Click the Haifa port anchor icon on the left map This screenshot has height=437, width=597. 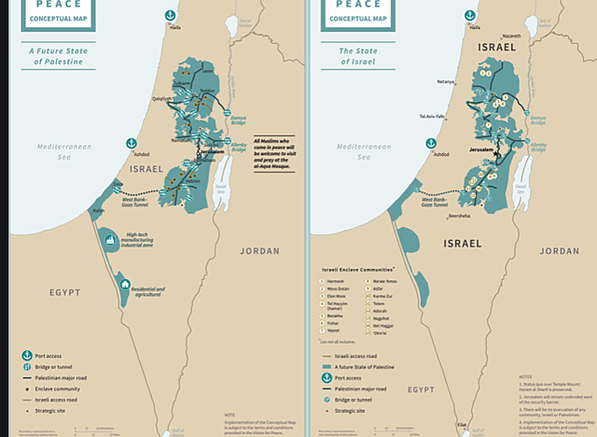[x=170, y=16]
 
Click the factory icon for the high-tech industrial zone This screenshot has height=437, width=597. [x=111, y=240]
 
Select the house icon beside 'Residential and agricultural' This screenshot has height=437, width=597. [x=124, y=284]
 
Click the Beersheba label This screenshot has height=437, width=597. [x=459, y=216]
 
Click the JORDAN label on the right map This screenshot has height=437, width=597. [x=558, y=250]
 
